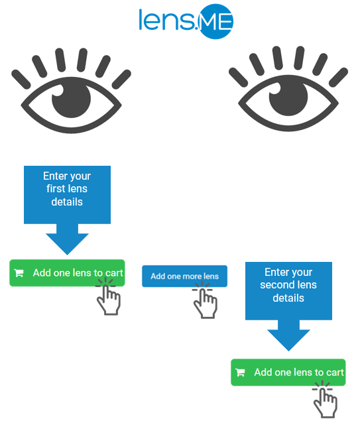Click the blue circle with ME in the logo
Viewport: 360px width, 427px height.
click(215, 21)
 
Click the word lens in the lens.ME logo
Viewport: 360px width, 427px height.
click(167, 20)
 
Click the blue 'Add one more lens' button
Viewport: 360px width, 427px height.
click(184, 276)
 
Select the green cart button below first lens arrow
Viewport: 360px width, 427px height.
click(67, 273)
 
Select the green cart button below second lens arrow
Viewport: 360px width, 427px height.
click(288, 372)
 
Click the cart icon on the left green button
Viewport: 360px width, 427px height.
click(19, 273)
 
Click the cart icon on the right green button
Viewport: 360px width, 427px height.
click(240, 372)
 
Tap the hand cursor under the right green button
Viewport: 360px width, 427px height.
click(325, 400)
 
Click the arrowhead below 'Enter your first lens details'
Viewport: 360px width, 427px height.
click(67, 244)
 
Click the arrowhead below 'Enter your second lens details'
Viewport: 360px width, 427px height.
click(288, 340)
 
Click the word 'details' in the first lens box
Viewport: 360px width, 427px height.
click(67, 202)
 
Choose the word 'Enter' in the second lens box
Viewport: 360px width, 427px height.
click(274, 272)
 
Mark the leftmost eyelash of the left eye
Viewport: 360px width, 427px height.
click(21, 80)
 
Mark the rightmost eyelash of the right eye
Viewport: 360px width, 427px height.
click(338, 78)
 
